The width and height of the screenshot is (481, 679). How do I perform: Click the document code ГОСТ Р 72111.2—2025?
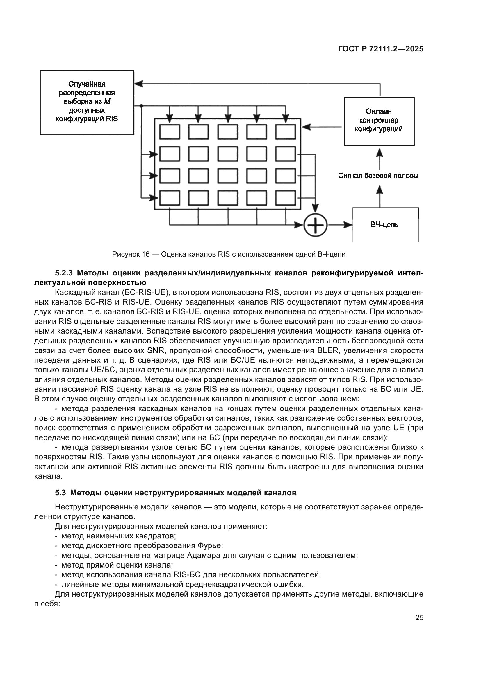coord(381,49)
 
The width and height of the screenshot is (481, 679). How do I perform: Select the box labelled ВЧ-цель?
coord(385,225)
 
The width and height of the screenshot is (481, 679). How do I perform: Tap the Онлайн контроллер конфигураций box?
coord(379,121)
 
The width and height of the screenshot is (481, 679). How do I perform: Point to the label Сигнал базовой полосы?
coord(378,176)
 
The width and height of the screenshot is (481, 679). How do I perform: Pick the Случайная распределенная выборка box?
coord(87,102)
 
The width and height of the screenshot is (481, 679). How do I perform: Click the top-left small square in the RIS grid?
coord(170,132)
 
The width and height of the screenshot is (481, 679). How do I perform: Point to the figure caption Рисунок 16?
coord(229,254)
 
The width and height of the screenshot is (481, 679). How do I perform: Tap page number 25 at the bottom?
coord(419,618)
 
